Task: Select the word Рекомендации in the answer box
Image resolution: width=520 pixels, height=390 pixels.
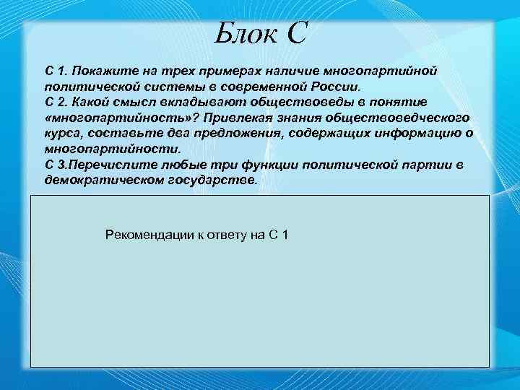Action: pyautogui.click(x=145, y=235)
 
